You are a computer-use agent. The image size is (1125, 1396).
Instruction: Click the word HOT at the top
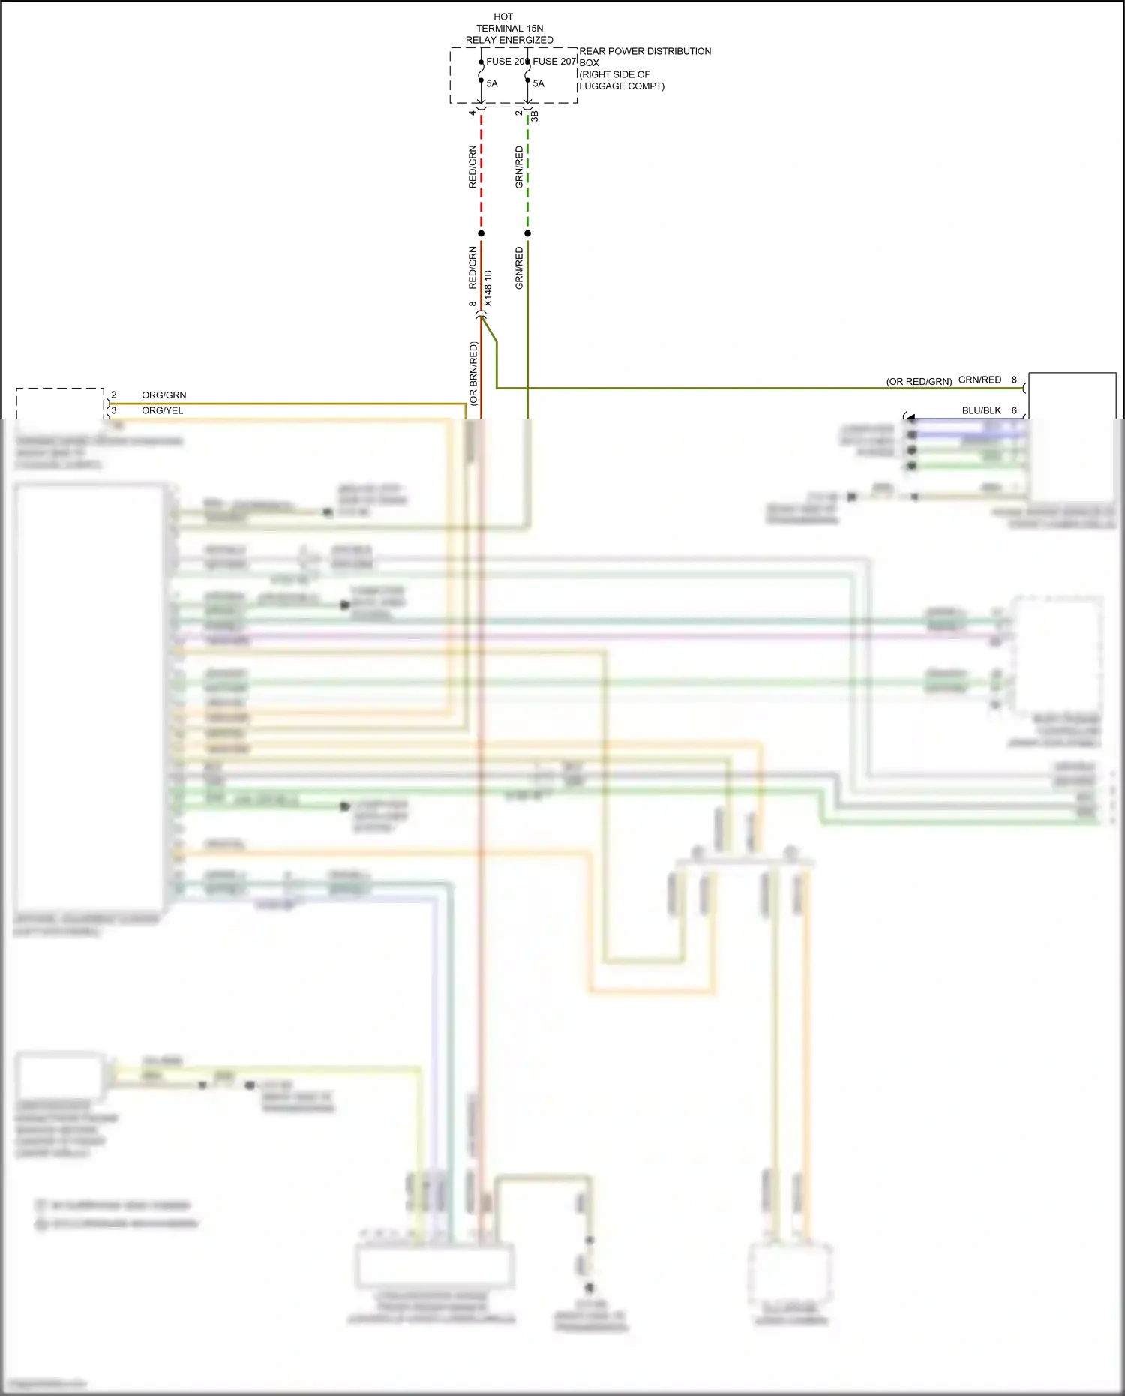point(503,17)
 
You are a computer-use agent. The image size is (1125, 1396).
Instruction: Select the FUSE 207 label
point(554,62)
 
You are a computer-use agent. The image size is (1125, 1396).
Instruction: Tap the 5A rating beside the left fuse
point(492,83)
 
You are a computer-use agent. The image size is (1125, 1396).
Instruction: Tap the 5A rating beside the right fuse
point(538,83)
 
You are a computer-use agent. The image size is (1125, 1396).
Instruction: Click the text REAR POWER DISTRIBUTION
point(645,51)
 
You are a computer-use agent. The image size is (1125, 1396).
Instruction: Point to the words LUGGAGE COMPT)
point(622,86)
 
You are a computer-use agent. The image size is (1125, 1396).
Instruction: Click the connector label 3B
point(535,116)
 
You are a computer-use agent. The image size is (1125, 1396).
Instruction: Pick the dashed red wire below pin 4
point(481,173)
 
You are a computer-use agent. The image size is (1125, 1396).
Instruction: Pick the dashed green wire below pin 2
point(528,173)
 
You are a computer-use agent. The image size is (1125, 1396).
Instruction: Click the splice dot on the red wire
point(481,233)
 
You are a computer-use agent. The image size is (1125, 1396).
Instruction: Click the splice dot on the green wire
point(528,233)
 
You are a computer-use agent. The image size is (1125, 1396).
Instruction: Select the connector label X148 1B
point(488,288)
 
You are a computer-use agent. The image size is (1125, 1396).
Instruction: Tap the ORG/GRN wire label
point(164,395)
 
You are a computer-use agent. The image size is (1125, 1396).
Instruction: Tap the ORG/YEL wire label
point(163,410)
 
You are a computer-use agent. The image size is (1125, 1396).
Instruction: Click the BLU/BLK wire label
point(982,410)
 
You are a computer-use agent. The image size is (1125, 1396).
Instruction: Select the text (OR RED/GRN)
point(919,382)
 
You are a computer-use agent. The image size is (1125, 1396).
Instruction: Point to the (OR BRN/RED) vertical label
point(473,374)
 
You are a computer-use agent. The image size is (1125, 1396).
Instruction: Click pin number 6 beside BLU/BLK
point(1015,410)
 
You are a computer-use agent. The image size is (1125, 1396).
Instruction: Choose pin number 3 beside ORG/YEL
point(114,410)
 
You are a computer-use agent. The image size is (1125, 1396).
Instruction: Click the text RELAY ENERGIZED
point(509,40)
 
